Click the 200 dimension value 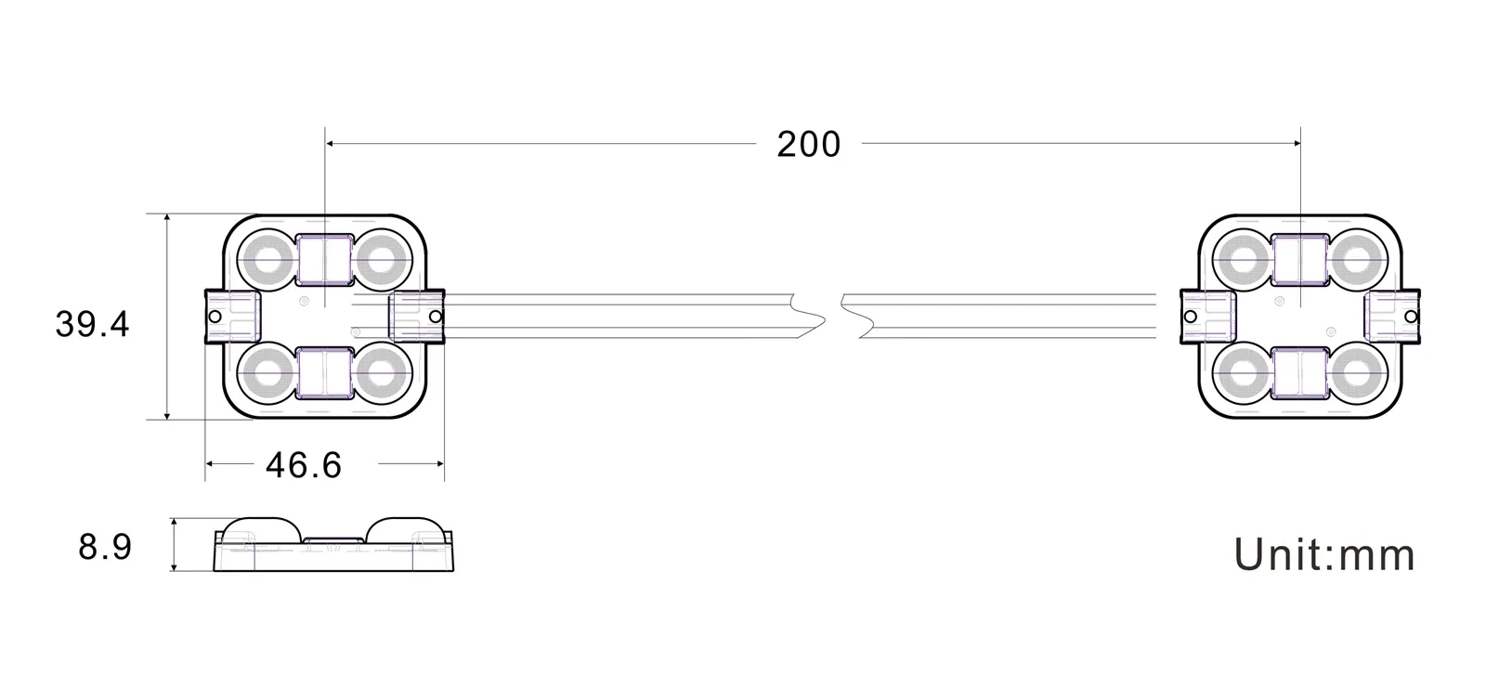tap(808, 145)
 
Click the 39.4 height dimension tap(92, 324)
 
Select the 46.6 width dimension tap(304, 464)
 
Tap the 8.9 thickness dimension tap(105, 547)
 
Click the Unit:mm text tap(1324, 555)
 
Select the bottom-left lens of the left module tap(268, 374)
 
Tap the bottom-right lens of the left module tap(380, 374)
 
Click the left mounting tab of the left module tap(228, 316)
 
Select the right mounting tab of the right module tap(1394, 316)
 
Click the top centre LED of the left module tap(324, 259)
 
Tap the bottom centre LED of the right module tap(1299, 374)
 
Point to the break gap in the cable tap(833, 316)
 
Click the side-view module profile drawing tap(334, 545)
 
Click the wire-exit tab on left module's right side tap(416, 316)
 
